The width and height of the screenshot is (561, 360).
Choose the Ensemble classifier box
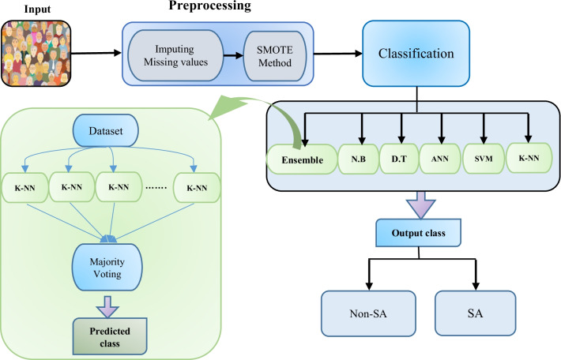[301, 159]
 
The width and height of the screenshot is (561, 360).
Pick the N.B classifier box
[356, 159]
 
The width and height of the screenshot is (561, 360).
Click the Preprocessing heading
[209, 7]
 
